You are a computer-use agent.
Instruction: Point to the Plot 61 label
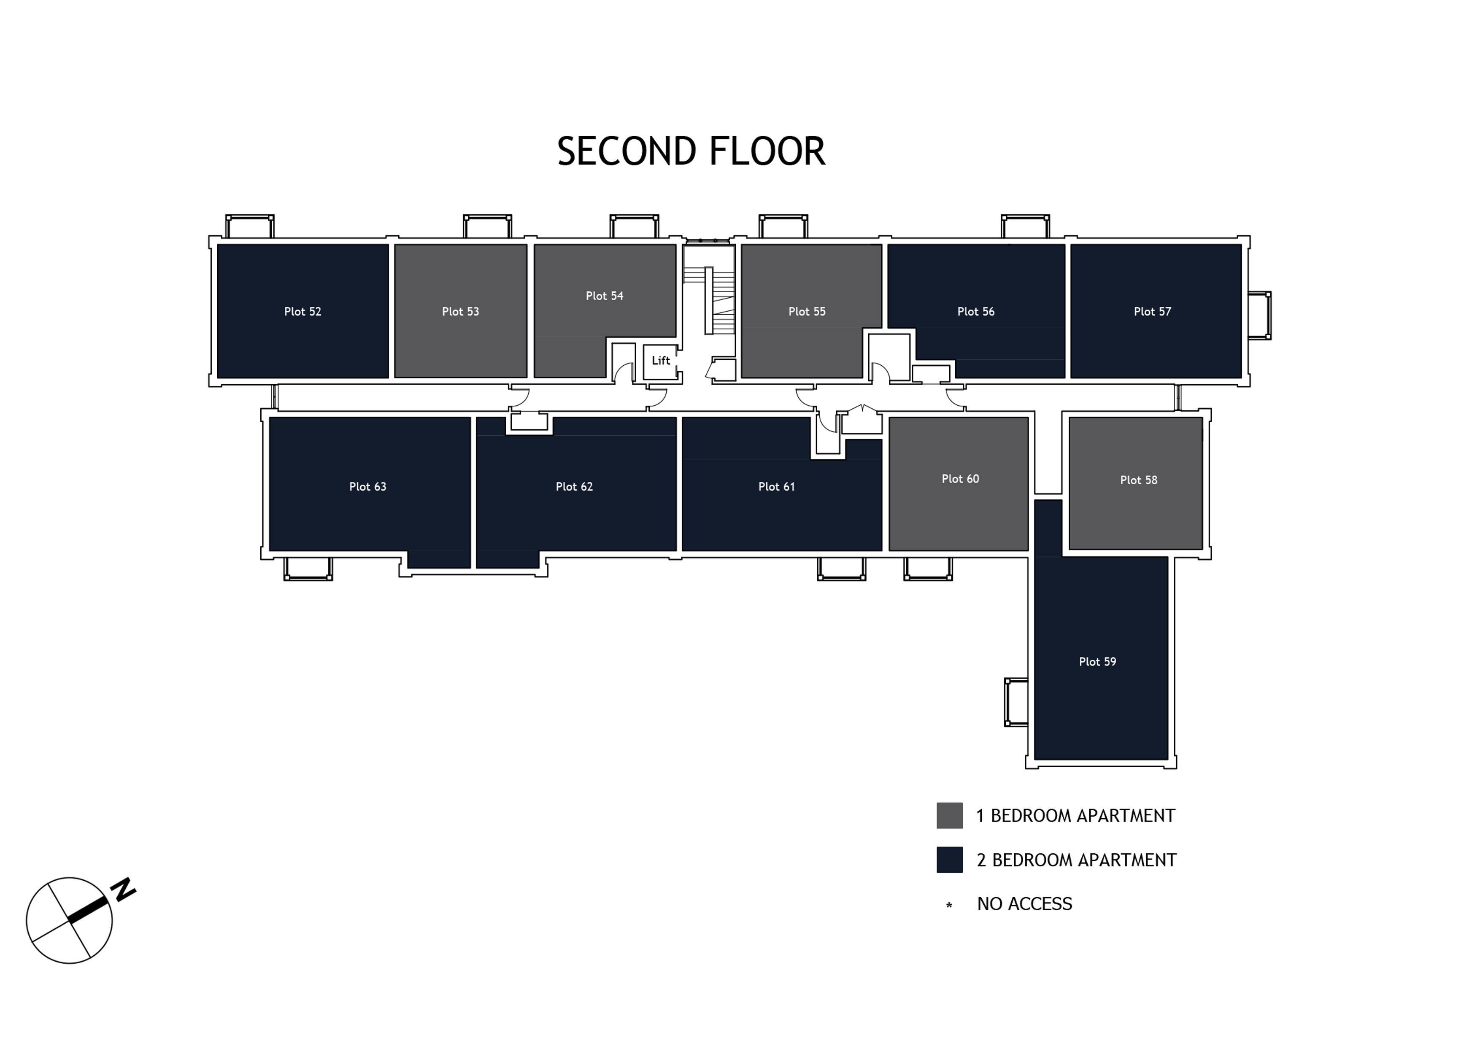(776, 487)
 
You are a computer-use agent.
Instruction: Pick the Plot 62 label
(574, 487)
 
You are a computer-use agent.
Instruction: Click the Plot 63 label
(367, 487)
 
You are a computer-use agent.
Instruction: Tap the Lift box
(661, 361)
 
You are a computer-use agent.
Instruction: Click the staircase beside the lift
(709, 300)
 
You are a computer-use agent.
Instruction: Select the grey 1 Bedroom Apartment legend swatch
(950, 816)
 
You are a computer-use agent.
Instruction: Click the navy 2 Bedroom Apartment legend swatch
(950, 860)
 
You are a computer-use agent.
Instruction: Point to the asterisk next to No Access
(949, 906)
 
